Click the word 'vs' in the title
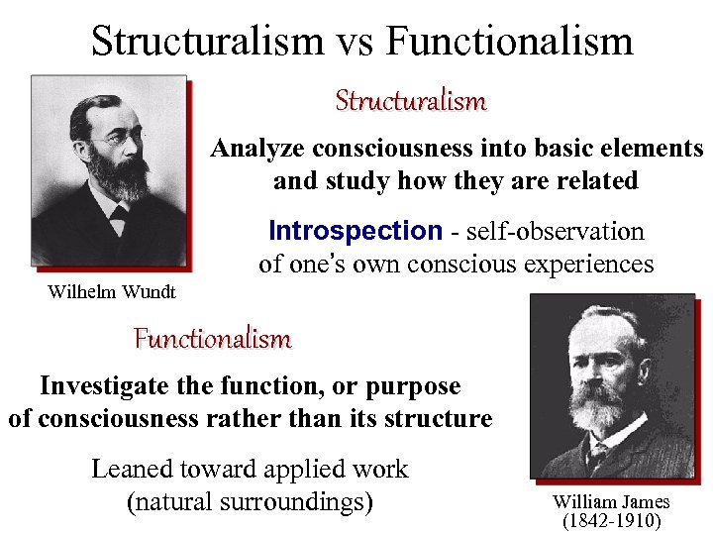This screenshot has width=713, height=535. point(355,42)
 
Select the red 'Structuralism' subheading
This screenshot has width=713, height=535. point(410,101)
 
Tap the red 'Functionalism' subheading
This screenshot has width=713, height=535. point(213,339)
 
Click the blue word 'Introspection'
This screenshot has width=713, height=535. point(355,232)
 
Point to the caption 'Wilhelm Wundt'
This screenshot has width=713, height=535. point(112,291)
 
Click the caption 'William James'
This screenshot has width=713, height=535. point(611,502)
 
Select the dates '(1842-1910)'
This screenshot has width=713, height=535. point(611,520)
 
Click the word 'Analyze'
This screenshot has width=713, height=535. point(259,149)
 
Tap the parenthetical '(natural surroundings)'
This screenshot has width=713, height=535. point(251,502)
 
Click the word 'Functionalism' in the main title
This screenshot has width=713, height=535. point(509,42)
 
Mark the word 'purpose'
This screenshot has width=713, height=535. point(414,385)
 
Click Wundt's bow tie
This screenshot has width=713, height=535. point(118,210)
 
